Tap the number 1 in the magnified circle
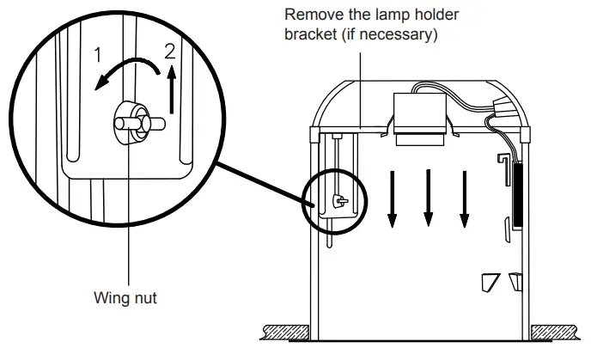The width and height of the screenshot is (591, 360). [x=99, y=55]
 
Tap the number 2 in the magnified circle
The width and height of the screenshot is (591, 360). [x=170, y=50]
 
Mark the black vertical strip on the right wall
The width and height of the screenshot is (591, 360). [x=517, y=193]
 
